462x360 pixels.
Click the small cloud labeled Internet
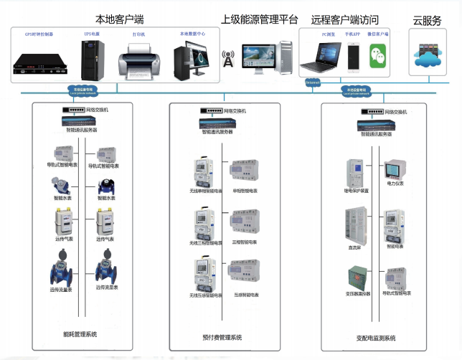pos(313,83)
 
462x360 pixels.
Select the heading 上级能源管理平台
pos(260,19)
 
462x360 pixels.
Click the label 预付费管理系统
pos(222,336)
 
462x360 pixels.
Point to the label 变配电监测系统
pos(377,336)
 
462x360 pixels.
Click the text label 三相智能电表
pos(245,242)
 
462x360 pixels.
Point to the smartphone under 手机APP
pos(354,57)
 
